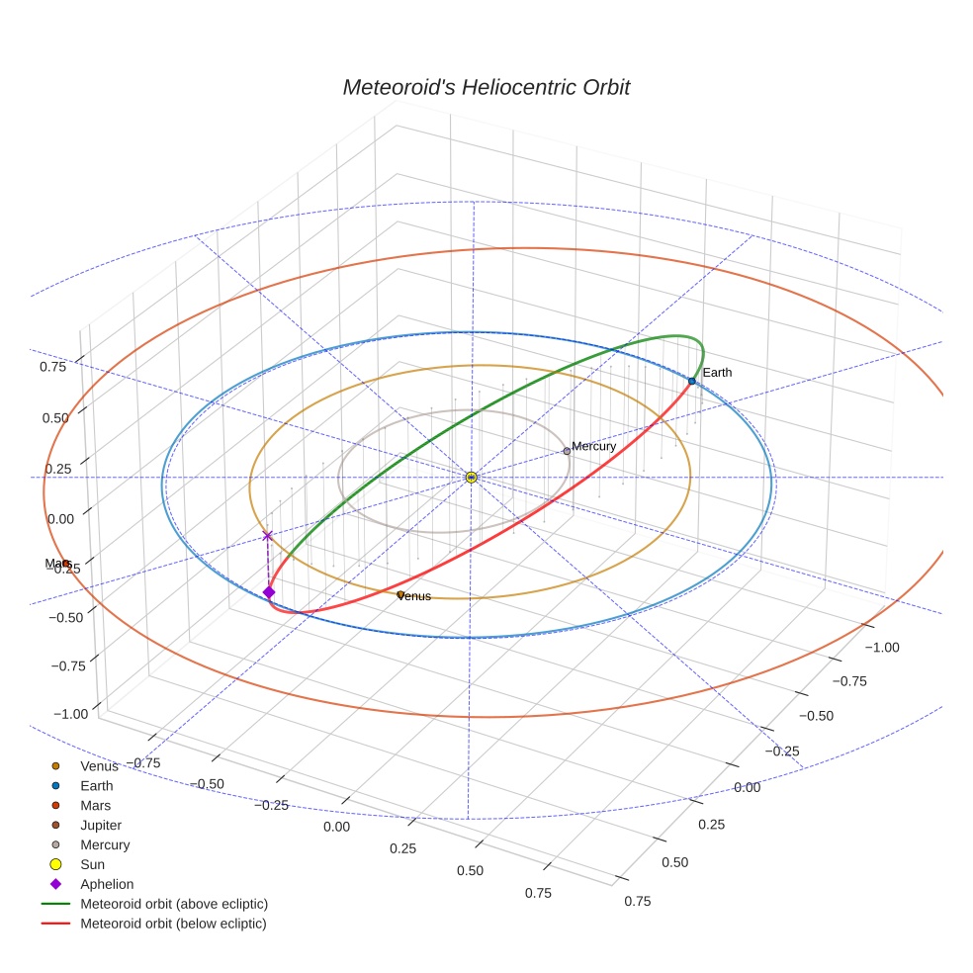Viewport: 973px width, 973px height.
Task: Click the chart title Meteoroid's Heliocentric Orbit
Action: (x=486, y=87)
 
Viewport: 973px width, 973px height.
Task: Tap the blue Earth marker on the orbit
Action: (x=691, y=381)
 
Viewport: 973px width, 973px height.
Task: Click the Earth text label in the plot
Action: (x=717, y=373)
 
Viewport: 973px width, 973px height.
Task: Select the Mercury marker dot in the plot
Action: (x=567, y=451)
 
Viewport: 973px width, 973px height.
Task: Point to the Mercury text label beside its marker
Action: (x=594, y=446)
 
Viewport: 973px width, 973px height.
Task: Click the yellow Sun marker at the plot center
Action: (x=472, y=478)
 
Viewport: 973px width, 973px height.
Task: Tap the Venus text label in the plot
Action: (x=414, y=596)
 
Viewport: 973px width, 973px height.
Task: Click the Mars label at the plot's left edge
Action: (x=55, y=564)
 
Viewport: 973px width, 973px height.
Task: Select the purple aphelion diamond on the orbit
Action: (x=268, y=592)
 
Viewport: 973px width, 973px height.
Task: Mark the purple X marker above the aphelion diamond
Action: (x=267, y=536)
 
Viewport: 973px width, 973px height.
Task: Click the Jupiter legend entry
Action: (x=101, y=825)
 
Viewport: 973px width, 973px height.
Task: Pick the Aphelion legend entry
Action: (x=107, y=884)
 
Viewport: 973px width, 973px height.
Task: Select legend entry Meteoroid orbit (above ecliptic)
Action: (x=173, y=904)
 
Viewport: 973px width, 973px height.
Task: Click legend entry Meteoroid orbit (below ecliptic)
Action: (x=173, y=924)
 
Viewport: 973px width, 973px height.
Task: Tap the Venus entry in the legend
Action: (x=99, y=765)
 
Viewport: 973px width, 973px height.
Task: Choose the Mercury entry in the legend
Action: (x=105, y=844)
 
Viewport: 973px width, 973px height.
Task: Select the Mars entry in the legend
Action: (x=95, y=805)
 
